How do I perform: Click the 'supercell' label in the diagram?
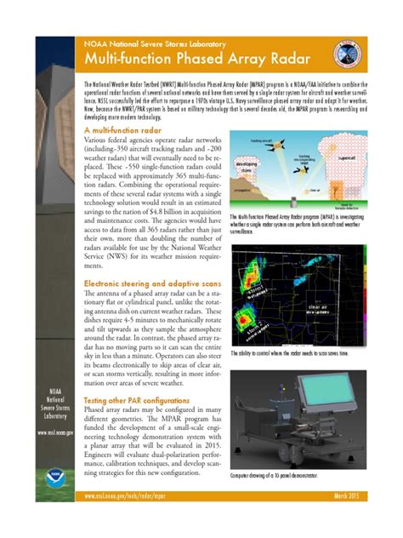click(x=349, y=157)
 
